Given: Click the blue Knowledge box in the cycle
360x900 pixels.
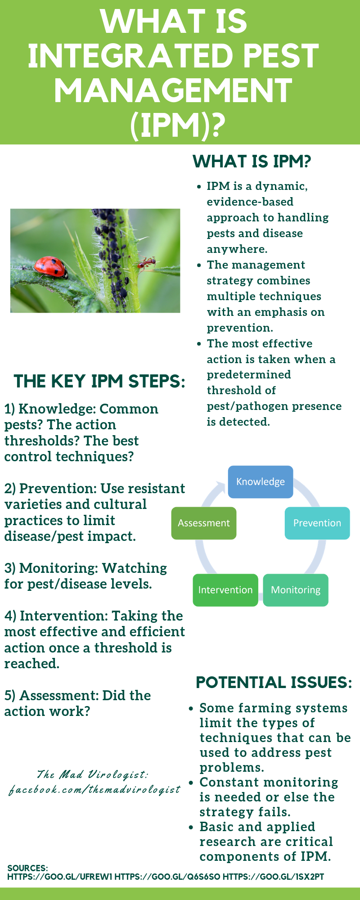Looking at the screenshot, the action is click(x=261, y=482).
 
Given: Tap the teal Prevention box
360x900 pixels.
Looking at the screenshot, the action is click(x=317, y=523).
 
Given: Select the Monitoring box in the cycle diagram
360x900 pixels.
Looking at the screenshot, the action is click(x=296, y=590).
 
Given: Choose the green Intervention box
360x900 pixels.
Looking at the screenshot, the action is click(x=225, y=590).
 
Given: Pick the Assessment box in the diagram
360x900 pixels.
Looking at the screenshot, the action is click(x=204, y=523).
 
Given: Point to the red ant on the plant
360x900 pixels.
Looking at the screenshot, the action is click(x=147, y=263).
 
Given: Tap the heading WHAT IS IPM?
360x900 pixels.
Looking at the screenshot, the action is click(x=252, y=161).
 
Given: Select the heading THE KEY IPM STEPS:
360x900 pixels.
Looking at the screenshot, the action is click(x=99, y=381).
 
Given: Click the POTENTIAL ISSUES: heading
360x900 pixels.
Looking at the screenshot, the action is click(x=274, y=682).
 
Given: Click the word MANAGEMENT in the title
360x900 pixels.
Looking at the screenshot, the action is click(x=173, y=90).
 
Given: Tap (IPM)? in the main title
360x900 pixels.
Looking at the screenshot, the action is click(x=178, y=125).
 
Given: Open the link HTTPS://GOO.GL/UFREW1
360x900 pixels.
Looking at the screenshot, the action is click(x=60, y=877).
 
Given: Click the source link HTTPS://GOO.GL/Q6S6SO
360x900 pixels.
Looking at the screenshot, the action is click(x=167, y=877).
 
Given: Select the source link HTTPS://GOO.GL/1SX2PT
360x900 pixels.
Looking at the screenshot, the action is click(x=273, y=877).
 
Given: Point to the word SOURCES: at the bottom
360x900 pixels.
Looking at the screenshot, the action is click(x=27, y=868).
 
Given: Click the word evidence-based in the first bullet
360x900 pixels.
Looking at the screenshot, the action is click(x=250, y=202).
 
